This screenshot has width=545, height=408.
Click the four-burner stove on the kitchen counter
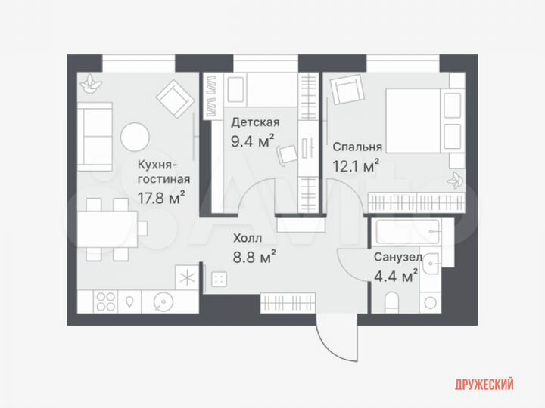tap(106, 301)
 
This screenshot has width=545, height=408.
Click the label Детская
tap(255, 122)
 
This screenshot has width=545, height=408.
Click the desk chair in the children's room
tap(288, 155)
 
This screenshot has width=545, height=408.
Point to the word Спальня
tap(357, 147)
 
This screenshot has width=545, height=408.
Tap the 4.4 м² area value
tap(395, 276)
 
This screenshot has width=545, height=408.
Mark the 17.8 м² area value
tap(161, 199)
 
